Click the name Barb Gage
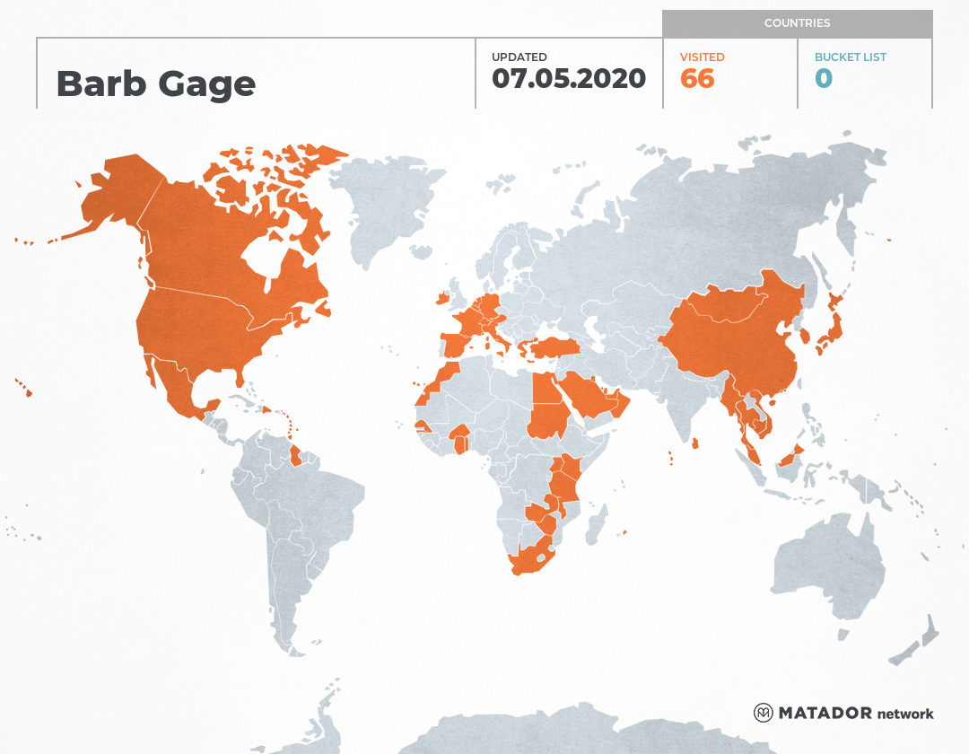click(155, 83)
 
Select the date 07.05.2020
click(568, 78)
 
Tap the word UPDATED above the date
click(519, 57)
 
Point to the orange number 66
click(697, 79)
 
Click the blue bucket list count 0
click(823, 79)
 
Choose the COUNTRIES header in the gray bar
click(797, 23)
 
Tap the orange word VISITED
click(702, 57)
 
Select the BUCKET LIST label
click(850, 57)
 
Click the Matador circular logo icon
click(763, 713)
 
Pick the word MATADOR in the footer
click(825, 714)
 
